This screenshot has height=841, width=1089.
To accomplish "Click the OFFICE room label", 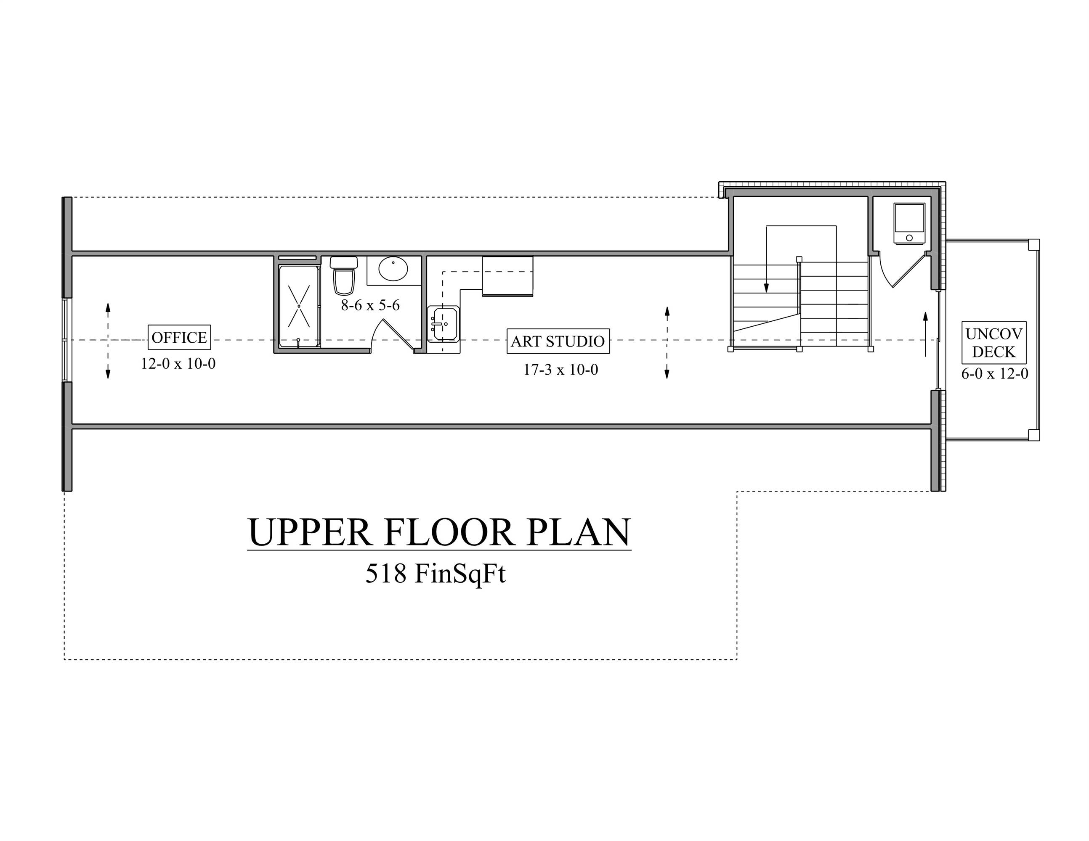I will coord(179,337).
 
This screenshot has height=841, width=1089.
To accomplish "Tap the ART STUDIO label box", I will coord(558,341).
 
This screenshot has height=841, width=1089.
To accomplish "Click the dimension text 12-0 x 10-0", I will coord(178,364).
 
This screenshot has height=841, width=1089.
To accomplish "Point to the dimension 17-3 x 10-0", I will coord(560,370).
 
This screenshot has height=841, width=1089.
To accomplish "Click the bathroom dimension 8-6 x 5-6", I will coord(370,305).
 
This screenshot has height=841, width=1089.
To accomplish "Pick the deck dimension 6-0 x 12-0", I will coord(994,374).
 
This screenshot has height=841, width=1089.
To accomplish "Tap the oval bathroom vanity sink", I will coord(393,269).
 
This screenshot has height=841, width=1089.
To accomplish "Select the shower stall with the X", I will coord(299,306).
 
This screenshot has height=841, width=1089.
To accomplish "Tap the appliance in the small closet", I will coord(909,223).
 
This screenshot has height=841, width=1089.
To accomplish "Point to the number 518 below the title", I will coord(386,574).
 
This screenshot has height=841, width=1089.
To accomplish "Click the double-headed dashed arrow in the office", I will coord(108,340).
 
